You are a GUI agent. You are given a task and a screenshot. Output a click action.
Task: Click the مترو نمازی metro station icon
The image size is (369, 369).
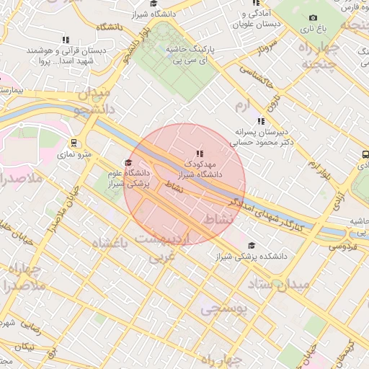[x=74, y=143]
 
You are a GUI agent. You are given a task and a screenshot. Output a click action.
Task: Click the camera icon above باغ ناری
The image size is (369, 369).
[x=313, y=18]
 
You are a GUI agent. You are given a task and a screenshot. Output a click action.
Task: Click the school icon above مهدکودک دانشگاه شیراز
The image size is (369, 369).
[x=200, y=154]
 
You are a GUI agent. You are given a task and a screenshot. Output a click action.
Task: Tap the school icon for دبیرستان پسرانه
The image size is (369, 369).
[x=260, y=121]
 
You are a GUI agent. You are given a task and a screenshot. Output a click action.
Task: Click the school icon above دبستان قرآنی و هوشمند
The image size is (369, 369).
[x=66, y=40]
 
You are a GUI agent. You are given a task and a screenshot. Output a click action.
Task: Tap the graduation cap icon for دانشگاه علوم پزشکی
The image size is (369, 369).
[x=128, y=162]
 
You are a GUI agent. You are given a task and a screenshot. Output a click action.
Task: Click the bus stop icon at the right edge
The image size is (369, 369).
[x=365, y=154]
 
